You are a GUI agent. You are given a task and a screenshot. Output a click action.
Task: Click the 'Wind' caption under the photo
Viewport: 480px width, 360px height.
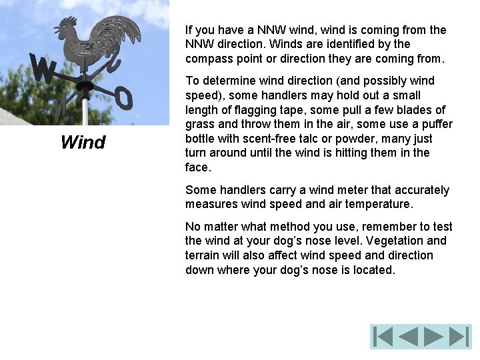click(83, 142)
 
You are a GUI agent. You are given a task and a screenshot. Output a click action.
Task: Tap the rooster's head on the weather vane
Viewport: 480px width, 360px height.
click(65, 27)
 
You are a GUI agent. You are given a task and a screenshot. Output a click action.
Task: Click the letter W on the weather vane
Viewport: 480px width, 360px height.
click(43, 69)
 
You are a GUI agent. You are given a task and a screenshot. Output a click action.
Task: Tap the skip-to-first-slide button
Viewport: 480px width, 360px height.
click(383, 337)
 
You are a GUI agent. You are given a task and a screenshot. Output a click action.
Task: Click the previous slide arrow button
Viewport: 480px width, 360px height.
click(408, 337)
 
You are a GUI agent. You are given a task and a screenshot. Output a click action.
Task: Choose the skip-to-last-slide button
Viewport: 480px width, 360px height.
click(459, 337)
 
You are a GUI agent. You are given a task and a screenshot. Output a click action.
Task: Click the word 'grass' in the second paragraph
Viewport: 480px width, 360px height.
click(199, 124)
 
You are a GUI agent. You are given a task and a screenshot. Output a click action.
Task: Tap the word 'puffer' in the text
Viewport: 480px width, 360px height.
click(437, 124)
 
